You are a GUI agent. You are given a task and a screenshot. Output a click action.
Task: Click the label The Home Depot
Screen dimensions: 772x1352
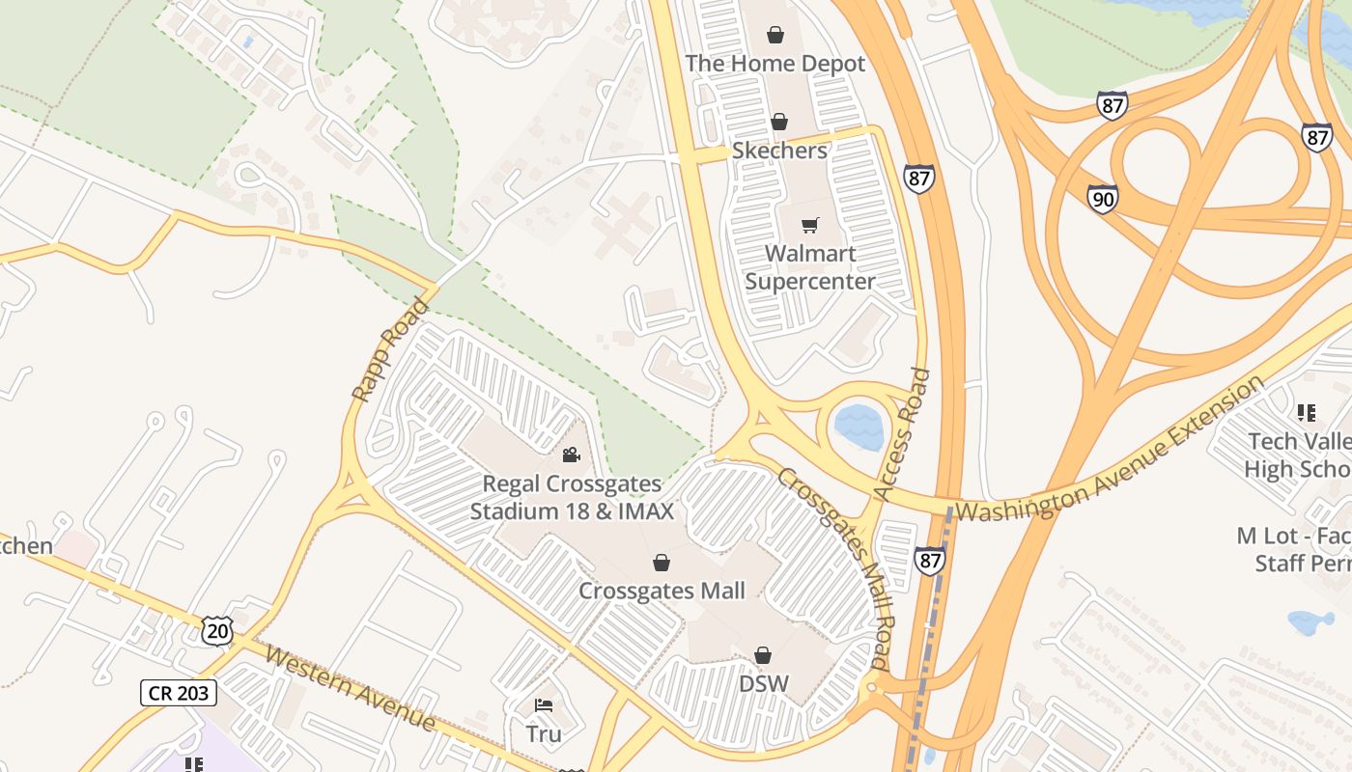[775, 64]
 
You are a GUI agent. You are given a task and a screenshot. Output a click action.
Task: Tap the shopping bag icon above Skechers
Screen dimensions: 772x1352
[779, 123]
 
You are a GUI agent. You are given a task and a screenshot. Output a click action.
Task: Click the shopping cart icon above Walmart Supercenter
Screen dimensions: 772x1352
[810, 226]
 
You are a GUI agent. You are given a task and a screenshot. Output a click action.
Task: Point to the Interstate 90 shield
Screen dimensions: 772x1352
[1102, 199]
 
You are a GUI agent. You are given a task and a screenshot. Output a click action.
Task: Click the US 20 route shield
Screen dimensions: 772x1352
[217, 630]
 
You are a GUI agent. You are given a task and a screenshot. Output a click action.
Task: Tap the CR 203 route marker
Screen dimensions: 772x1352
[179, 692]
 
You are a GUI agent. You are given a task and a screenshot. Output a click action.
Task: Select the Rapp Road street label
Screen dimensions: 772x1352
[389, 349]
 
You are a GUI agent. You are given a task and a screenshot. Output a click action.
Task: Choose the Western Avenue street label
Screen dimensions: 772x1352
[350, 689]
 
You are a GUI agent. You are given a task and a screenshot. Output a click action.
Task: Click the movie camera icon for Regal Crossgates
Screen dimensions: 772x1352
[572, 455]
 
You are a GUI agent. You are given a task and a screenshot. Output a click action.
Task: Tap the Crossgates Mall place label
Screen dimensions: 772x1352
[662, 591]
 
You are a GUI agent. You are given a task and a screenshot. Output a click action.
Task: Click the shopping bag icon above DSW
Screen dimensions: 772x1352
[763, 655]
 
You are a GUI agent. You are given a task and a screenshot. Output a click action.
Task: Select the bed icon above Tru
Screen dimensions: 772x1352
[544, 705]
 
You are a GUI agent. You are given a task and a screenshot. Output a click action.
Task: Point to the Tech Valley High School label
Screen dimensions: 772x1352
[1299, 455]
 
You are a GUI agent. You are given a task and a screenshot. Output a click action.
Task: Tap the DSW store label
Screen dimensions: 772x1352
[764, 684]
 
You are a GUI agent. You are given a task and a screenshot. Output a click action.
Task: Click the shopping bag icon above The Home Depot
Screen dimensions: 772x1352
[775, 36]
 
